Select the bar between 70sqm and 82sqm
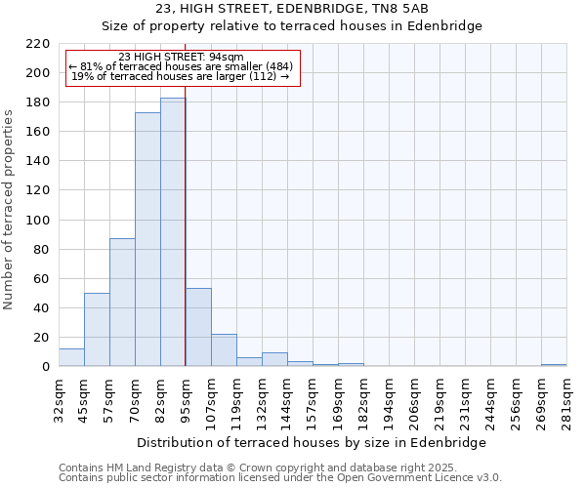pos(147,239)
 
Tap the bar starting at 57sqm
pos(122,303)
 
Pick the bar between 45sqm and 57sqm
pos(97,330)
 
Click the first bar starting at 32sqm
pos(71,357)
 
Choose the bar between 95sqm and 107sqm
pos(198,328)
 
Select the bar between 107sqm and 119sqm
pos(224,350)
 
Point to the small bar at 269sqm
pos(554,365)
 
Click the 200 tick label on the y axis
pos(38,73)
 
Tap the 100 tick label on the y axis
pos(38,221)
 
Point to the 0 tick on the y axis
pos(45,367)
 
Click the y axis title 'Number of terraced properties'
pos(10,210)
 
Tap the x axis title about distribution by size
pos(312,442)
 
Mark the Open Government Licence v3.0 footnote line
pos(280,478)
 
